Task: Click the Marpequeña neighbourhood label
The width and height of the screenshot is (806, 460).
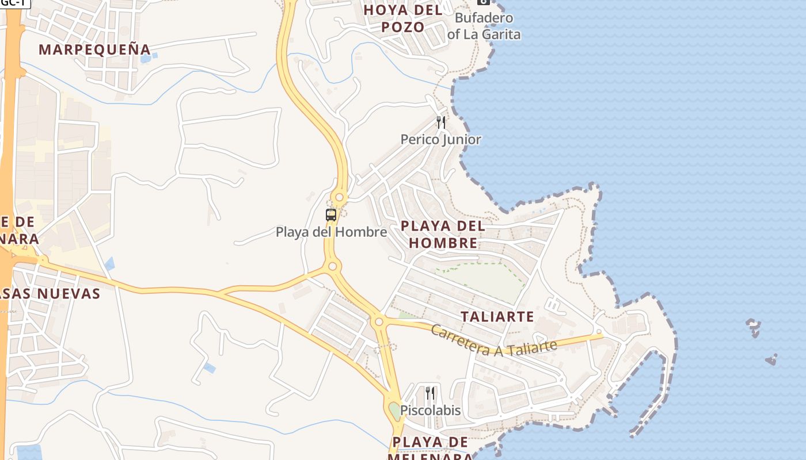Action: [x=94, y=49]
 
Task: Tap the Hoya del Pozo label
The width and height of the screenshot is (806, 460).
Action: [x=403, y=18]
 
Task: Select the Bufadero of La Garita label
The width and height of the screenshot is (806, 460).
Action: [x=484, y=26]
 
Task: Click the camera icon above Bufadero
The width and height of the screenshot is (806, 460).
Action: [x=483, y=2]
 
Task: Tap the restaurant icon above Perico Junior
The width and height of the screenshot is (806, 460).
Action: [x=441, y=122]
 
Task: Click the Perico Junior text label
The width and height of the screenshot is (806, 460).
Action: [x=441, y=139]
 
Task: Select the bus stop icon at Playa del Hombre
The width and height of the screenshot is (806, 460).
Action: [x=331, y=215]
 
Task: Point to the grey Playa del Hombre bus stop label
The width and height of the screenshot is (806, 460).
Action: [x=331, y=232]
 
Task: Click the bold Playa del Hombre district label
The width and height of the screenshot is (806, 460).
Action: [x=443, y=234]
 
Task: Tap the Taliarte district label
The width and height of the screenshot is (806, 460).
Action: [x=497, y=317]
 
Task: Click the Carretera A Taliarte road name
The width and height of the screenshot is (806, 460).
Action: [x=493, y=341]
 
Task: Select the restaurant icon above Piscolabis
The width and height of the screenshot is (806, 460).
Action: [x=430, y=393]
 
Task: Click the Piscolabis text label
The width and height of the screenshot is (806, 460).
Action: [x=431, y=411]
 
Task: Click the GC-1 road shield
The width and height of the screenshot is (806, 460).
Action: [x=14, y=3]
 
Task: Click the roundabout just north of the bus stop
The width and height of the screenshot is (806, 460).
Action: [x=339, y=198]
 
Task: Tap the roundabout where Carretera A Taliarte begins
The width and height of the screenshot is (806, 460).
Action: [x=378, y=321]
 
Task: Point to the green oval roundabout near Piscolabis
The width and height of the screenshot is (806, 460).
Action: [x=394, y=410]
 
